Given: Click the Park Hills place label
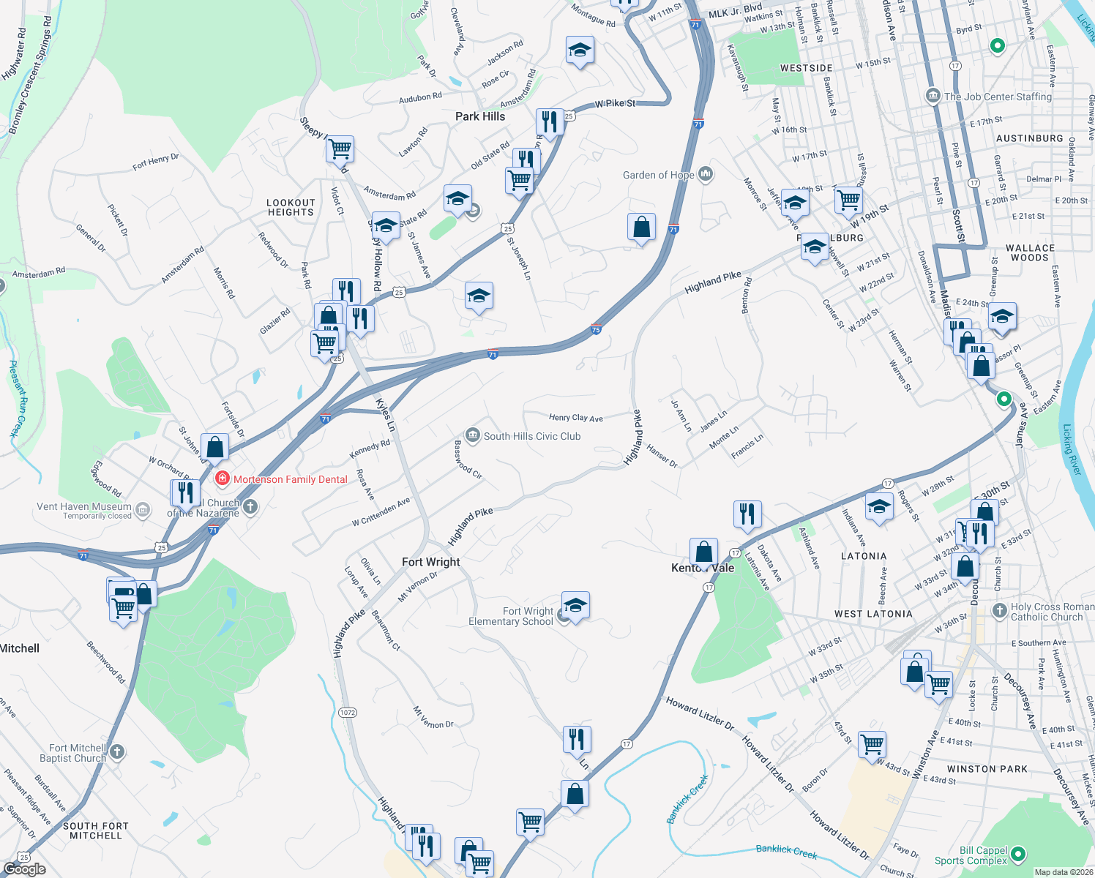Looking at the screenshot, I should (x=480, y=116).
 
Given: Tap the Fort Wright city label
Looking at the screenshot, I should (x=431, y=562).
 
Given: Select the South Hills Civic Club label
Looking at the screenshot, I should (x=532, y=436).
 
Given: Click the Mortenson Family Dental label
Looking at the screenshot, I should (x=290, y=479).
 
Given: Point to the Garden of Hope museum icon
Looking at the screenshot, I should (x=706, y=174).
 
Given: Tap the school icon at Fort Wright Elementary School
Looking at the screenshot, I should (x=575, y=606).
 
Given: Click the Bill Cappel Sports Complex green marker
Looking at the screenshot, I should (x=1017, y=854).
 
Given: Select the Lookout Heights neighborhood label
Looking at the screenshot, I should (x=291, y=208).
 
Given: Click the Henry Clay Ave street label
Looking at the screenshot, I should (x=576, y=417).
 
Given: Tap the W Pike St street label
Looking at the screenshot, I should (x=615, y=104).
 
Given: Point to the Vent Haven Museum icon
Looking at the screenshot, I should (x=143, y=509).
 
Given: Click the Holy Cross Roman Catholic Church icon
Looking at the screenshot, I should (x=999, y=610).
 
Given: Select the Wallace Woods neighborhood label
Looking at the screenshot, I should (x=1030, y=252).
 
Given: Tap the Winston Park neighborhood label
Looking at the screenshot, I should (x=987, y=769).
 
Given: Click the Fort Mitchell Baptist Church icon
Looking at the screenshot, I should (x=116, y=751).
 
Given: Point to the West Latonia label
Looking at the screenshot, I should (x=873, y=614).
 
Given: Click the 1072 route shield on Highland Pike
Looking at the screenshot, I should (x=348, y=712).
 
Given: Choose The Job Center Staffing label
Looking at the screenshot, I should (x=997, y=97).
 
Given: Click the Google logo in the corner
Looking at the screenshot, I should (x=24, y=869).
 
